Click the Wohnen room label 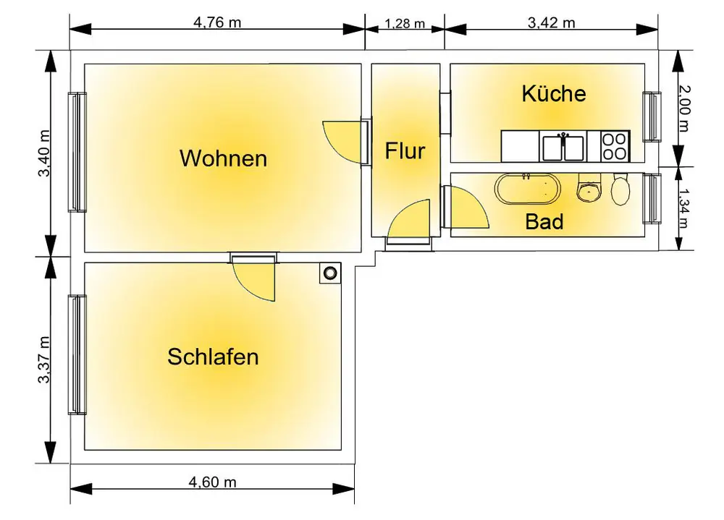click(x=223, y=158)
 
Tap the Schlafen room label click(x=213, y=357)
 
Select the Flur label click(x=405, y=152)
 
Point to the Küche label click(x=554, y=93)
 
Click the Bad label click(x=544, y=221)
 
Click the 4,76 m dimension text click(x=217, y=22)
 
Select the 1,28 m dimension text click(x=404, y=23)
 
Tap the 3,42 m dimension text click(x=552, y=22)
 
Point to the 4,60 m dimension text click(x=213, y=482)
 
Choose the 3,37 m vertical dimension click(x=45, y=359)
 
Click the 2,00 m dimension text click(x=685, y=108)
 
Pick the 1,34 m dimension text click(x=685, y=208)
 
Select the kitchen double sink click(x=564, y=147)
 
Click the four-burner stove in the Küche click(x=615, y=146)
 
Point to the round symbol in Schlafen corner click(x=330, y=273)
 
